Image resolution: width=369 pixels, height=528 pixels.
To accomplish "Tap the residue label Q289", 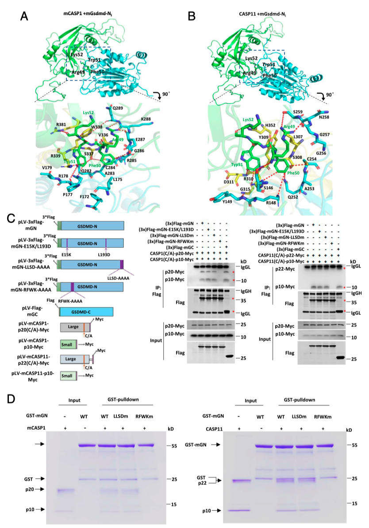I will pyautogui.click(x=118, y=108).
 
